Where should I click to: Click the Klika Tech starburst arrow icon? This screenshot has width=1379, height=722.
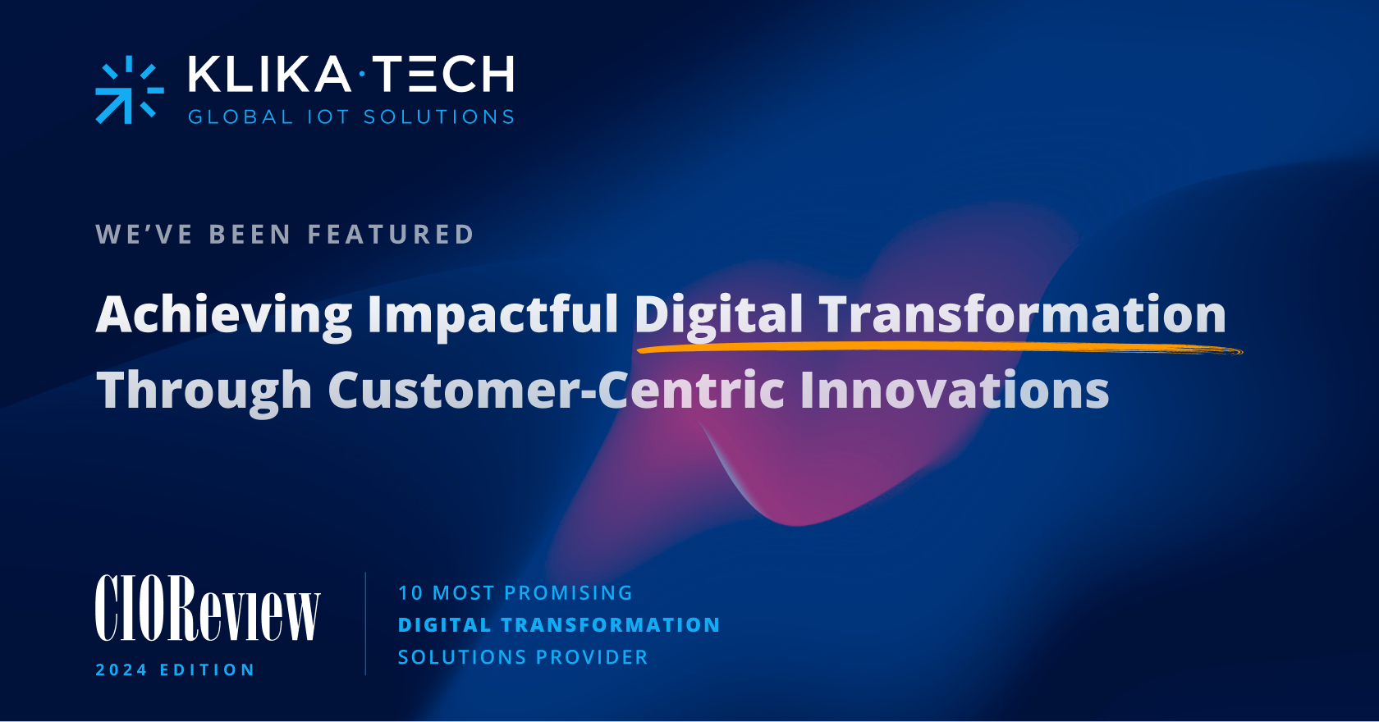(x=129, y=89)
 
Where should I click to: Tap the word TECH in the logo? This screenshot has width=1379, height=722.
(x=443, y=75)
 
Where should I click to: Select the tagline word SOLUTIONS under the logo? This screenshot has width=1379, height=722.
(x=439, y=117)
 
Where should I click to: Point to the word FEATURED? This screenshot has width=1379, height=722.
(x=391, y=235)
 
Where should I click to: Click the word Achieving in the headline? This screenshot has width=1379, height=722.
(x=224, y=315)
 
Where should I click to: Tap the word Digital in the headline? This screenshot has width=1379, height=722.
(x=719, y=315)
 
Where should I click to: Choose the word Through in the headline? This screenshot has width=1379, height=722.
(x=204, y=391)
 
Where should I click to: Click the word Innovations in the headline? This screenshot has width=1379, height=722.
(x=954, y=390)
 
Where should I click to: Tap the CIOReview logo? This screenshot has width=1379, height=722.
(x=207, y=609)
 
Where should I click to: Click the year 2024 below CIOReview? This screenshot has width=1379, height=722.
(x=121, y=670)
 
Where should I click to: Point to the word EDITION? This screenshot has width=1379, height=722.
(x=207, y=670)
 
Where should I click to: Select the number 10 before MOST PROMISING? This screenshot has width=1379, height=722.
(x=410, y=593)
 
